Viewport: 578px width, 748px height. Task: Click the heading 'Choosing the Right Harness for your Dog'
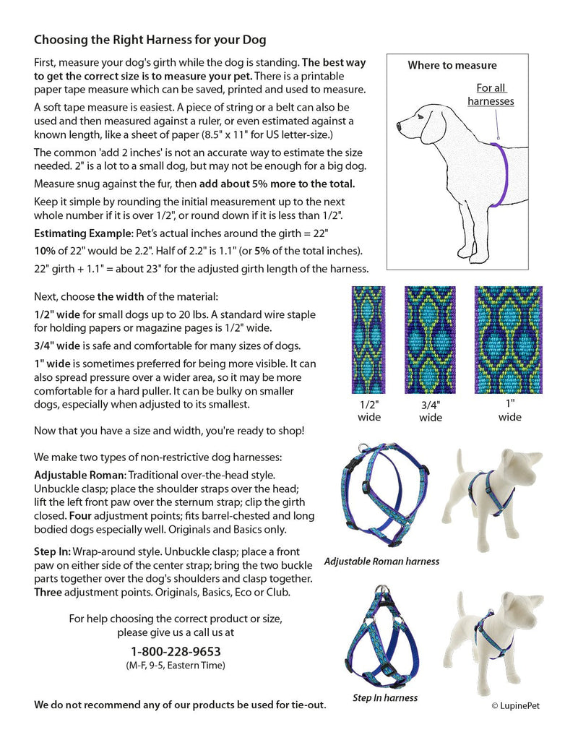coord(150,39)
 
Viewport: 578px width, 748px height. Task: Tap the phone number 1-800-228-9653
coord(176,652)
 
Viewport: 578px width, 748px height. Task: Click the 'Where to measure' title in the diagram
coord(452,65)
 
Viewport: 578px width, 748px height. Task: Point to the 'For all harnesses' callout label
coord(491,95)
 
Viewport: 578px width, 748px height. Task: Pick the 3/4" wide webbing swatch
coord(431,340)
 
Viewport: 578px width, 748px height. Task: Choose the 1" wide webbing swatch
coord(509,340)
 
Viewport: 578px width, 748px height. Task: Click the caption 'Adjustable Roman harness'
coord(381,561)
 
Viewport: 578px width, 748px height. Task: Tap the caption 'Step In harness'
coord(385,697)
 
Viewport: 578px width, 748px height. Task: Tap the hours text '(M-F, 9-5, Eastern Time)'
coord(176,665)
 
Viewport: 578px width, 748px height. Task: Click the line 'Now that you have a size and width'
coord(169,431)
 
